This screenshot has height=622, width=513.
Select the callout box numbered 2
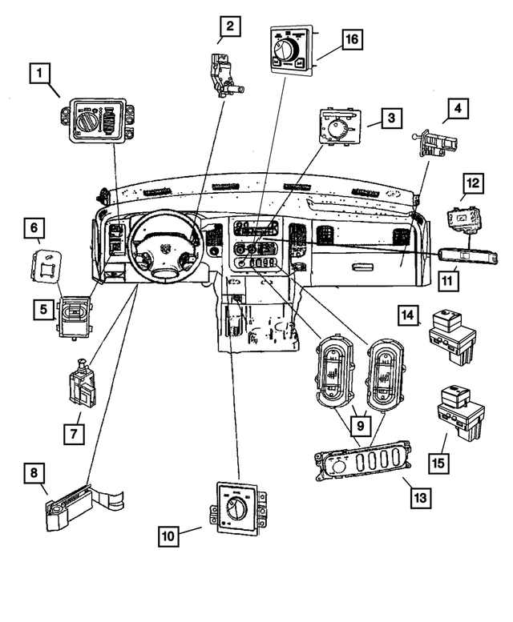[x=230, y=28]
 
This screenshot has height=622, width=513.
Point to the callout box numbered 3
[x=390, y=119]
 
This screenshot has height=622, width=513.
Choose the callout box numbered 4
[x=458, y=107]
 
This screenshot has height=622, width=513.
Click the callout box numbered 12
[x=474, y=183]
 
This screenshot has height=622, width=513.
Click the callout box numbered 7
[x=75, y=433]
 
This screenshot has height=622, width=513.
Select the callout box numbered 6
[x=34, y=229]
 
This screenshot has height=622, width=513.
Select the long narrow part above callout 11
[x=467, y=256]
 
